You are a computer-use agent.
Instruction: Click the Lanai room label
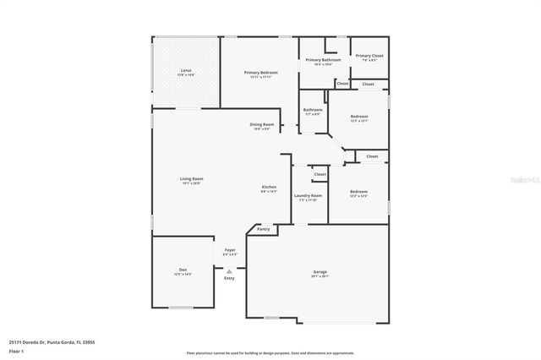[185, 70]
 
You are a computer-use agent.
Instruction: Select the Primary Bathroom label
[323, 60]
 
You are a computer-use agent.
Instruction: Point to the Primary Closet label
[369, 56]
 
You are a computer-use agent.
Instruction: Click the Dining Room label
[261, 124]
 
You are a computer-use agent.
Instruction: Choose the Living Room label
[191, 178]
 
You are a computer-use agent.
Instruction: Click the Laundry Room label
[309, 196]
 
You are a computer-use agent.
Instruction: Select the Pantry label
[263, 229]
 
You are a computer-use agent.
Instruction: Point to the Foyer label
[229, 250]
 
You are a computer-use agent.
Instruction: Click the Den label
[183, 270]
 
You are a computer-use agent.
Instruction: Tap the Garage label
[320, 271]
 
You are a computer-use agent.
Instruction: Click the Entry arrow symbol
[229, 270]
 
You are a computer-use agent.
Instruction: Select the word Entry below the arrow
[229, 278]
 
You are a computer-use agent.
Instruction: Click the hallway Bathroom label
[313, 110]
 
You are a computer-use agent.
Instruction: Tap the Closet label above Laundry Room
[320, 175]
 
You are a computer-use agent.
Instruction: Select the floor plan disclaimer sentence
[271, 352]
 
